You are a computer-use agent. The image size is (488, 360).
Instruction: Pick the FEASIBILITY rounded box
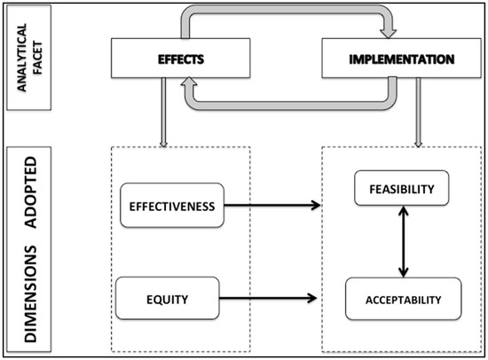pos(402,189)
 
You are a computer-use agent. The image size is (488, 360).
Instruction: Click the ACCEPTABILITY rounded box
pos(402,299)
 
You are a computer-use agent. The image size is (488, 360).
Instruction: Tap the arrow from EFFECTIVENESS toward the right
pos(271,206)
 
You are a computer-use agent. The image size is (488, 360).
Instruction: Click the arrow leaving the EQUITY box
pos(266,299)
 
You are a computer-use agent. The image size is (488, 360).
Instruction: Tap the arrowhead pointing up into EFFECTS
pos(189,82)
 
